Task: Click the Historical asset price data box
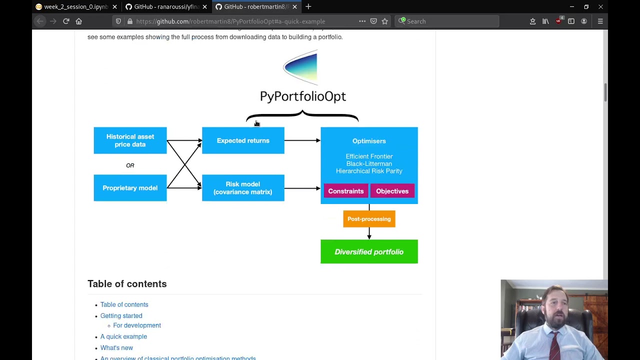click(130, 140)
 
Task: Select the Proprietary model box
click(130, 188)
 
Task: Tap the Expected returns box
click(243, 140)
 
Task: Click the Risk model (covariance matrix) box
click(243, 188)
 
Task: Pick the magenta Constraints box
click(345, 191)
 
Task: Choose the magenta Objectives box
click(392, 191)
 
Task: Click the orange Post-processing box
click(369, 219)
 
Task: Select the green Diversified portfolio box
click(369, 252)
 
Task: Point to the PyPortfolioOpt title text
click(302, 96)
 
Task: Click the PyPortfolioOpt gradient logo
click(301, 67)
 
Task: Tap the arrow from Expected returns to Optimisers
click(302, 140)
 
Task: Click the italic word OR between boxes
click(130, 165)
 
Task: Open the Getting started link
click(121, 316)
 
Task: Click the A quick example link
click(123, 336)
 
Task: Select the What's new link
click(116, 348)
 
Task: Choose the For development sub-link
click(137, 325)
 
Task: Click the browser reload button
click(66, 21)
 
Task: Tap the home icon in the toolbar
click(78, 21)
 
